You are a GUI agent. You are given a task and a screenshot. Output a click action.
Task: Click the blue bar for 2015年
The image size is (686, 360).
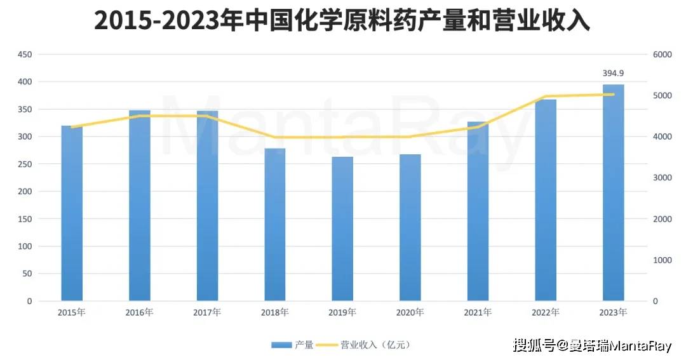(72, 213)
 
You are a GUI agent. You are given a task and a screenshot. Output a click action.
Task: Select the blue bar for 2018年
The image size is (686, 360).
(275, 225)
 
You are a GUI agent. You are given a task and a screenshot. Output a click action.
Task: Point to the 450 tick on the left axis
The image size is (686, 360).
(24, 55)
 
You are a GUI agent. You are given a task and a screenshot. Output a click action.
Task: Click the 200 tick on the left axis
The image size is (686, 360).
(24, 192)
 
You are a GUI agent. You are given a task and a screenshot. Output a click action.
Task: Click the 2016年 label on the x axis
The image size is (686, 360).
(140, 312)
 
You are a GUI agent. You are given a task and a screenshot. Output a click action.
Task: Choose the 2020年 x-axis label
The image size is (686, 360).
(410, 312)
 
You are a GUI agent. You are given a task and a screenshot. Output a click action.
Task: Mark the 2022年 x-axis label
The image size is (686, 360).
(546, 312)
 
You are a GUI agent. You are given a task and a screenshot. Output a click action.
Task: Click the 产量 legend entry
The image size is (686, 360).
(293, 345)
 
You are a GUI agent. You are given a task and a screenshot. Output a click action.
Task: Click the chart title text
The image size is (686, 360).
(342, 21)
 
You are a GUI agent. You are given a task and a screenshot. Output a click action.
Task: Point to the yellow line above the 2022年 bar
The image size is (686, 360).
(546, 97)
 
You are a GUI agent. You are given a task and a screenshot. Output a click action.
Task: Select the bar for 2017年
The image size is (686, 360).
(207, 206)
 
